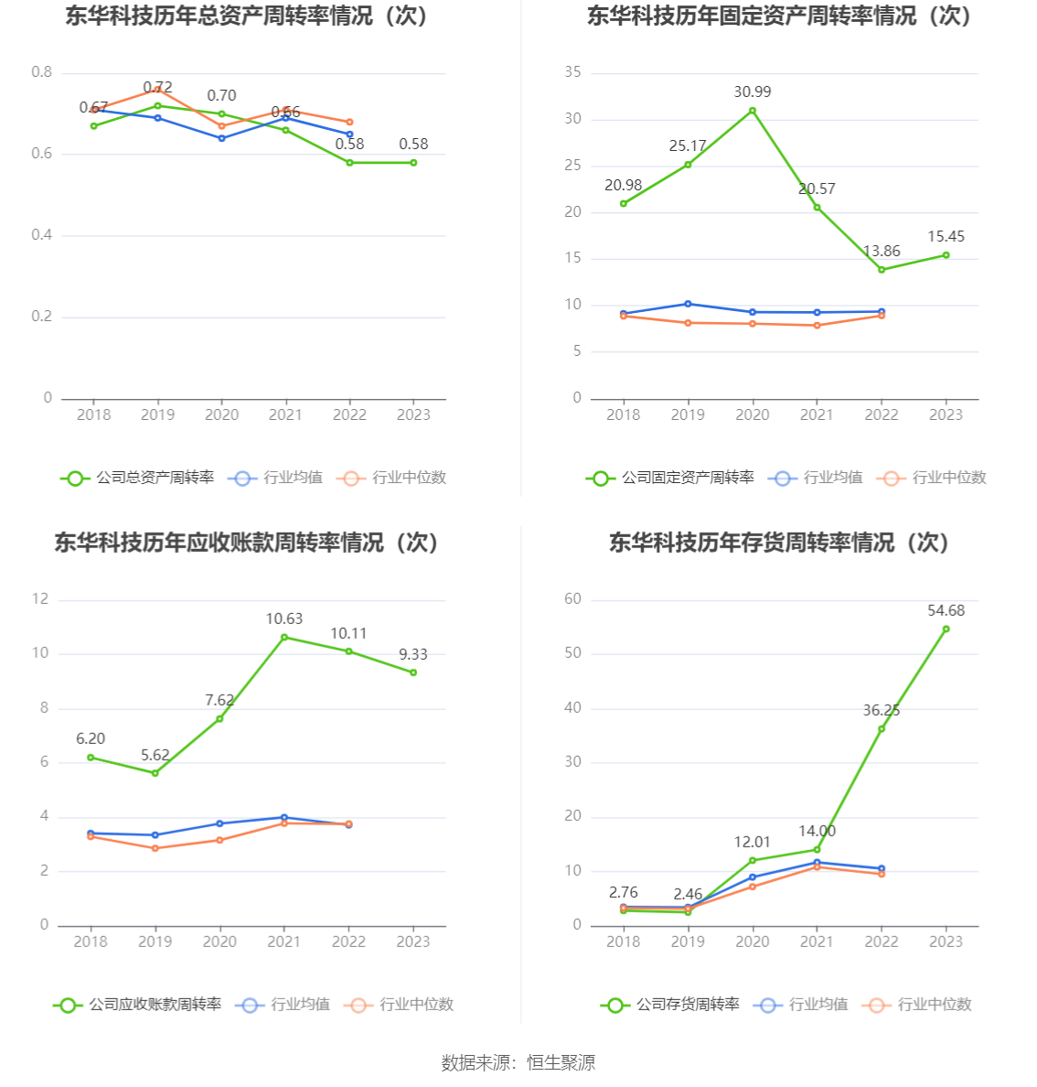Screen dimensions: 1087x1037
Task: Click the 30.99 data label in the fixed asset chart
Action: pos(752,92)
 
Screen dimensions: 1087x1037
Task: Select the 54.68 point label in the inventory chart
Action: pos(946,611)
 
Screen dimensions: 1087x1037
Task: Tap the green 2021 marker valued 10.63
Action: pos(284,638)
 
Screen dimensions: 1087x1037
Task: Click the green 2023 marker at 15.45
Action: pos(946,255)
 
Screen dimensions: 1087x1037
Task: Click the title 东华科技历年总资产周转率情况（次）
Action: pos(247,16)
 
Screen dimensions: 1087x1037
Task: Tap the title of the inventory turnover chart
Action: pos(779,543)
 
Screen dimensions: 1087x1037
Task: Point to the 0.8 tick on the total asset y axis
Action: pos(42,72)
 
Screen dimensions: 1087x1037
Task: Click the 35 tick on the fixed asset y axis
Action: pos(572,72)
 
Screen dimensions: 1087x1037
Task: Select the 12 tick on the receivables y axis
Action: pos(40,599)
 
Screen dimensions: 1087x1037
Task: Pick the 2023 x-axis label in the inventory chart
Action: pos(946,942)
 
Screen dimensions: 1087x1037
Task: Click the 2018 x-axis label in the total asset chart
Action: pos(93,414)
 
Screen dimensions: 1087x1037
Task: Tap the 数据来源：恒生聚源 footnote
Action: pos(518,1062)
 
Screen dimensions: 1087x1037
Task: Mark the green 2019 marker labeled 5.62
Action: pos(155,773)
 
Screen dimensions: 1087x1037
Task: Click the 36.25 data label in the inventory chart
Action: pos(881,711)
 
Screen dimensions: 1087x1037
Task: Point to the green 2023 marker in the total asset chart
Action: pos(413,163)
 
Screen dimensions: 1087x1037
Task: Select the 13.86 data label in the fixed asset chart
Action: pos(881,252)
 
